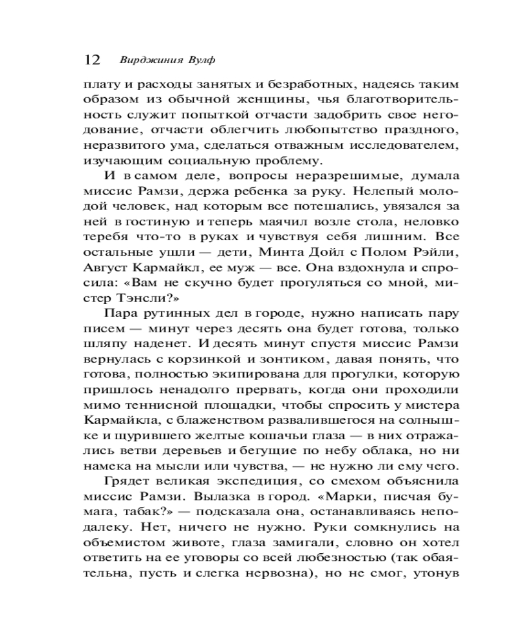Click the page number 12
92,60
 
